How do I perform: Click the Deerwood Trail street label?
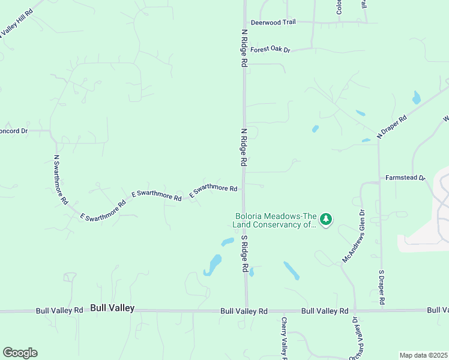[273, 22]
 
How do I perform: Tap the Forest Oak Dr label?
[270, 50]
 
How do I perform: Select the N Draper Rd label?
[392, 127]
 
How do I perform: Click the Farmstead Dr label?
[405, 178]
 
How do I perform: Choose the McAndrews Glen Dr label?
[354, 235]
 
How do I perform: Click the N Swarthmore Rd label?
[61, 181]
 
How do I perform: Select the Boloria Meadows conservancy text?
[275, 220]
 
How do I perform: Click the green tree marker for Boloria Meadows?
[326, 220]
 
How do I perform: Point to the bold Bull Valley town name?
[112, 308]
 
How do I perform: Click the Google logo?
[20, 353]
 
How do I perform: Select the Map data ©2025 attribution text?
[424, 355]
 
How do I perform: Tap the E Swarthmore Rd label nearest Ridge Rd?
[213, 190]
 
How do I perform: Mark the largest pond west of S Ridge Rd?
[213, 265]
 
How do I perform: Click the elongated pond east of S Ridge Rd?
[292, 270]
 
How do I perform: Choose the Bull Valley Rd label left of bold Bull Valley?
[59, 311]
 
